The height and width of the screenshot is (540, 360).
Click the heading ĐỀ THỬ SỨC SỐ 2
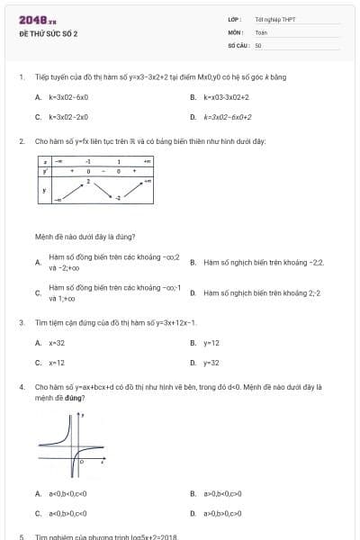49,33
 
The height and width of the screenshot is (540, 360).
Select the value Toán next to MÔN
261,31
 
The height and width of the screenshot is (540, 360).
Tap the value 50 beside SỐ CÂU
258,45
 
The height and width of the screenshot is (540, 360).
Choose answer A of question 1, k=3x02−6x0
68,96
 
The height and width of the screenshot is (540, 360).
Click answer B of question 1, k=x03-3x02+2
226,96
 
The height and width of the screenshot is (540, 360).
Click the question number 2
21,141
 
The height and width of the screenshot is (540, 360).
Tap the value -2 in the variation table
117,197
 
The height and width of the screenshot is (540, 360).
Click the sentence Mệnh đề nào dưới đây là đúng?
85,237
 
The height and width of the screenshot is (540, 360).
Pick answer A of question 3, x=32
56,343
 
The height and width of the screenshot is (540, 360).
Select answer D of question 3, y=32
211,363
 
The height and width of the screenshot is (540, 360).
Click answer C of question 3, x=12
56,363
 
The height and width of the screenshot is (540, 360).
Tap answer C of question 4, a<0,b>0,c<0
67,513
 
